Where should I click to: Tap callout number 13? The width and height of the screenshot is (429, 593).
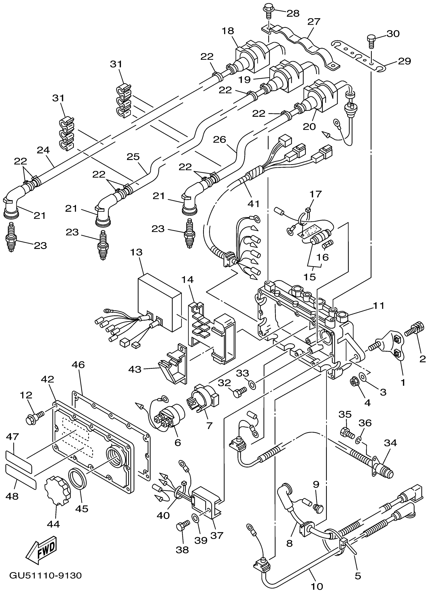(136, 252)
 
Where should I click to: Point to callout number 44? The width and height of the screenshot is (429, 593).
(53, 524)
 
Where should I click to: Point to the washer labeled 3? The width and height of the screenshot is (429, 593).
(363, 377)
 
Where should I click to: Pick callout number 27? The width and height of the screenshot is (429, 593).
(314, 22)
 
